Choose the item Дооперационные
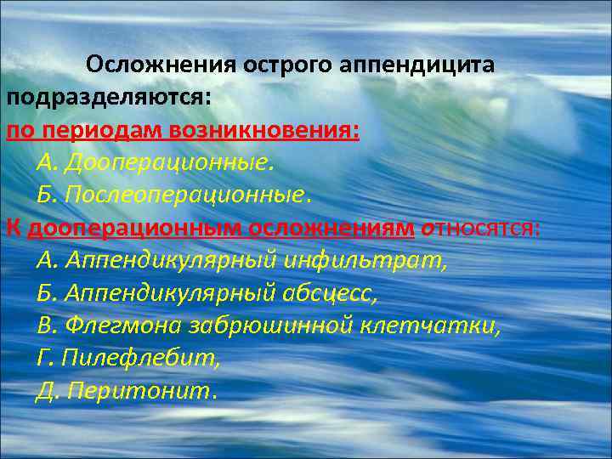170,161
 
